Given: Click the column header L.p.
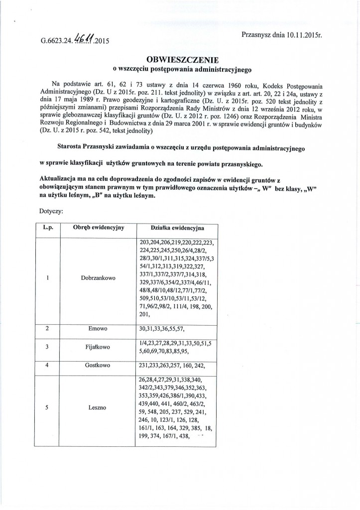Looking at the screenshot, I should [49, 228].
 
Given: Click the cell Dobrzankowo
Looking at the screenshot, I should [96, 277].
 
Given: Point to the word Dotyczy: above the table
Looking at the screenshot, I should [51, 211].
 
